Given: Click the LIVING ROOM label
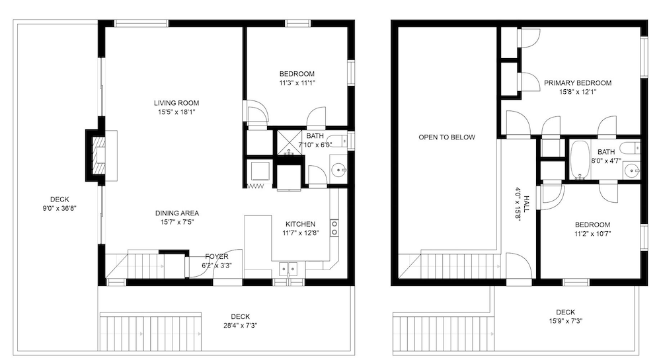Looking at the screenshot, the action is [176, 103].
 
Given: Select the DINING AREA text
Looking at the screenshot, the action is [177, 213].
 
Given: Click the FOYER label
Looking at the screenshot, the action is [217, 256].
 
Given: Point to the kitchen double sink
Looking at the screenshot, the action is [288, 268].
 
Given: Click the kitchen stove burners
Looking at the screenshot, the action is [334, 228].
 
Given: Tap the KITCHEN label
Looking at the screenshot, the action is [301, 224].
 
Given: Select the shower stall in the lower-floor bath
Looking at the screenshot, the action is [290, 143].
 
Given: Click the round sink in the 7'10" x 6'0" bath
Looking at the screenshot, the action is [339, 171].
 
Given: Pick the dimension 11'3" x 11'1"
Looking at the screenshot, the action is [297, 83].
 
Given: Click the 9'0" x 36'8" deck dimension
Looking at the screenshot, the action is [59, 208].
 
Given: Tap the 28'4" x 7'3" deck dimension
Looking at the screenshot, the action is [241, 325].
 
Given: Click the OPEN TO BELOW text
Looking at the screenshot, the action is [447, 137].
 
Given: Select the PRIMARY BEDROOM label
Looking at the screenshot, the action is [578, 83].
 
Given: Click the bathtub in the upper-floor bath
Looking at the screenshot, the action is [580, 160].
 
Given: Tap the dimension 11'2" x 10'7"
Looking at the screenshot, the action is [593, 233].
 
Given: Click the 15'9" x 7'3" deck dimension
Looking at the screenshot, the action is [565, 321].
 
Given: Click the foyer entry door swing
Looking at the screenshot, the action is [227, 263].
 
